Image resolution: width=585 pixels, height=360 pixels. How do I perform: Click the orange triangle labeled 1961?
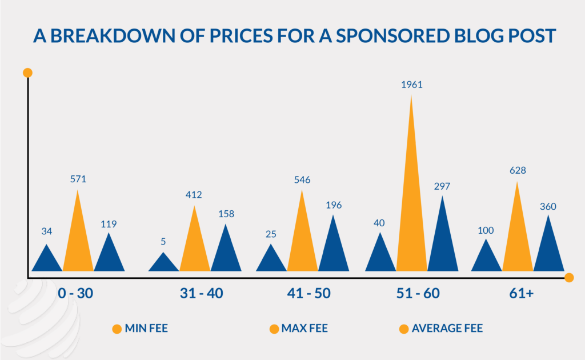point(411,217)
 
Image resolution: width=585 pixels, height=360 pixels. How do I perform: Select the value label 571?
point(78,178)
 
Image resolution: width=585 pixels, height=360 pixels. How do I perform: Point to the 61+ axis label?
point(520,294)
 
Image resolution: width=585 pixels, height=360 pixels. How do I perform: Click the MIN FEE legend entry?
point(140,329)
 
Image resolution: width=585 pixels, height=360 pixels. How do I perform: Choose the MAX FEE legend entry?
point(298,329)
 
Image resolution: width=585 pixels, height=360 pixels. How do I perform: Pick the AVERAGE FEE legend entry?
point(440,329)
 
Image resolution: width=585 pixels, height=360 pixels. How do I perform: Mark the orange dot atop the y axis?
point(27,73)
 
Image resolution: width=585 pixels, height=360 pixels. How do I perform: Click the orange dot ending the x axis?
point(568,278)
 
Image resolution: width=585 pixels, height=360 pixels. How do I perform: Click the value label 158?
point(226,214)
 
